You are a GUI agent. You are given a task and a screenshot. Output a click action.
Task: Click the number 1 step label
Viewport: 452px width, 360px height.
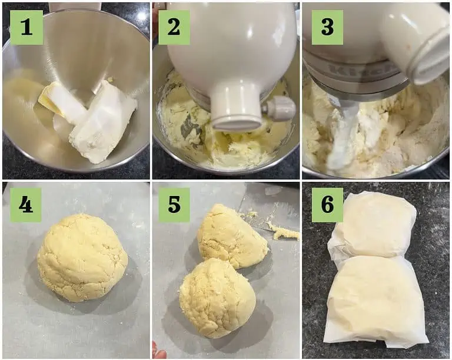26,28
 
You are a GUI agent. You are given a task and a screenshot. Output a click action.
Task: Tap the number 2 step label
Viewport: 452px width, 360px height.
174,28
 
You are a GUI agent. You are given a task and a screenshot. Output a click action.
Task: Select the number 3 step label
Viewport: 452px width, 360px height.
327,28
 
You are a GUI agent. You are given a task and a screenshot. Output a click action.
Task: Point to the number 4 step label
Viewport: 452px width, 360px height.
26,205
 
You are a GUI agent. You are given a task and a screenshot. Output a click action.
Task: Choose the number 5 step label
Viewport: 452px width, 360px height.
174,205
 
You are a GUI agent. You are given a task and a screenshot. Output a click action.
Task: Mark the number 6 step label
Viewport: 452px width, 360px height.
327,205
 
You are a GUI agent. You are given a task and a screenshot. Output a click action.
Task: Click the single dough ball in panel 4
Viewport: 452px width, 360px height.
82,258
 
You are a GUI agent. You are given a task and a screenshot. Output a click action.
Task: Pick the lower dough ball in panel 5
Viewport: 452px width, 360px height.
217,298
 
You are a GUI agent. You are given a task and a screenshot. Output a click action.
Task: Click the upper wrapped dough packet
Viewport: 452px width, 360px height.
373,225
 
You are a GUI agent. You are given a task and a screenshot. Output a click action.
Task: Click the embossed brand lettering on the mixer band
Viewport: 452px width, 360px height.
362,69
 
